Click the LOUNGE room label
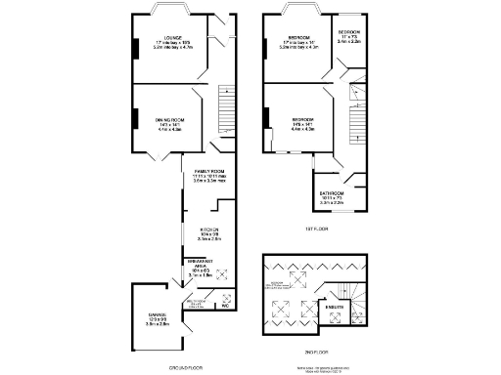171,40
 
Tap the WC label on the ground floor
225,306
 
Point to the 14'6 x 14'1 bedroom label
301,122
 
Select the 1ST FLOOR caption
315,229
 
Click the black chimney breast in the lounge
135,47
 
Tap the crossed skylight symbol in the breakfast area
220,274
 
